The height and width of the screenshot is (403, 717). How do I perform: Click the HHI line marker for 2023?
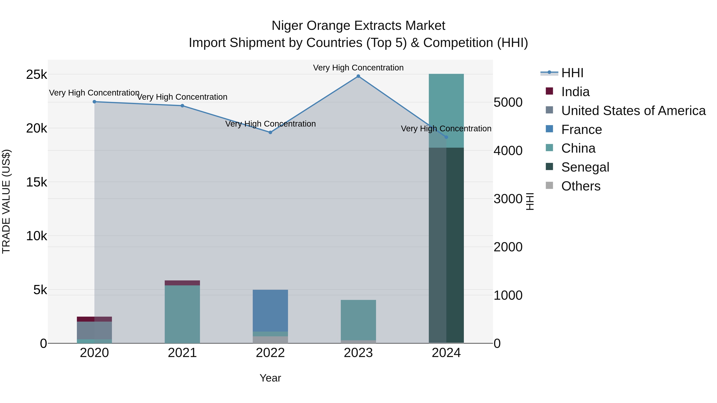tap(358, 76)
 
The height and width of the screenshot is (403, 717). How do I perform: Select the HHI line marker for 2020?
tap(94, 102)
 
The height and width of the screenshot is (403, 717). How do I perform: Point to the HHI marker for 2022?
tap(270, 132)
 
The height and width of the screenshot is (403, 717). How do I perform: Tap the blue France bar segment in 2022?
tap(270, 310)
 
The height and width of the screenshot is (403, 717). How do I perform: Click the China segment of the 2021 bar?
tap(182, 314)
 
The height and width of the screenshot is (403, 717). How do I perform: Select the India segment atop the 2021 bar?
tap(182, 283)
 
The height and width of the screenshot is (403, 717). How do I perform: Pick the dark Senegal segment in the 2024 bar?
tap(446, 245)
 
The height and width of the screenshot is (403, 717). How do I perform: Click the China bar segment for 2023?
tap(358, 320)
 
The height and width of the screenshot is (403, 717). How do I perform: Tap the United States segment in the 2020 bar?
tap(94, 330)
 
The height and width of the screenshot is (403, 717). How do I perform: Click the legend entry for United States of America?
tap(633, 111)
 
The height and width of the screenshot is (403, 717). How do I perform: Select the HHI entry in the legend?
tap(572, 73)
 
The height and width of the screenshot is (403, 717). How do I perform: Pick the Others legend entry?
tap(580, 186)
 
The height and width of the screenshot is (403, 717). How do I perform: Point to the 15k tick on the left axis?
tap(36, 182)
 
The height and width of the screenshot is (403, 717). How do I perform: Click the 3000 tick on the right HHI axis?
tap(508, 199)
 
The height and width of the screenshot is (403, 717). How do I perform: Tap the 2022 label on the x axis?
tap(270, 353)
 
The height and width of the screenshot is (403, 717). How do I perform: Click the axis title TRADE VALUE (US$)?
tap(6, 201)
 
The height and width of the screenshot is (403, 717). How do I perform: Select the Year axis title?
tap(270, 378)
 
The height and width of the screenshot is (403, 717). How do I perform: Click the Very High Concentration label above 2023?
tap(358, 68)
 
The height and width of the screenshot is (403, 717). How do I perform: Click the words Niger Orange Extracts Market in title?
tap(358, 26)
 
